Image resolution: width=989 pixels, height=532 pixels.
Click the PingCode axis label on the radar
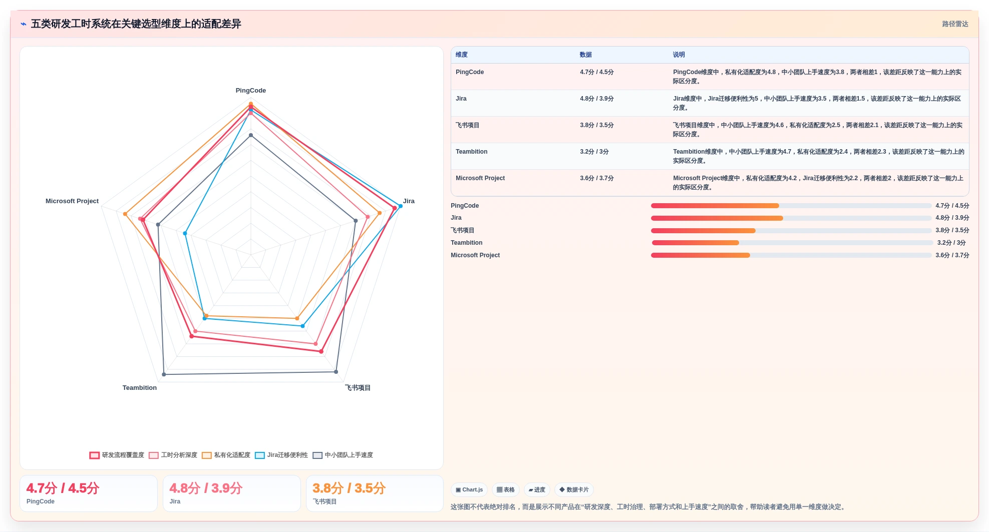(x=251, y=91)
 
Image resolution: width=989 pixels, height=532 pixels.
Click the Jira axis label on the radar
(x=409, y=201)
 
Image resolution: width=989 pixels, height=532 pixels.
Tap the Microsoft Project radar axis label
(x=72, y=201)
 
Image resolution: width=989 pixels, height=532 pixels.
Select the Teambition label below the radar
(x=140, y=388)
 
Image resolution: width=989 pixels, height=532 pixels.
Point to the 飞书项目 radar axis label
(x=358, y=388)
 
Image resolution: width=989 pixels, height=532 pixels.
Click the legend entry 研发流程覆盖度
(x=117, y=455)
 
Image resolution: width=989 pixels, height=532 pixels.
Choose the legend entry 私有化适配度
(x=226, y=455)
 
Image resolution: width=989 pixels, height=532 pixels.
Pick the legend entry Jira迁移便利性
(x=281, y=455)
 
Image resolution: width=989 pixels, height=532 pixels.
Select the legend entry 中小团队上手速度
(x=343, y=455)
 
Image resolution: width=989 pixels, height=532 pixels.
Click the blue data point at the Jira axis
(x=400, y=206)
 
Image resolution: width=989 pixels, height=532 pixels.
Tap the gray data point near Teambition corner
(x=164, y=374)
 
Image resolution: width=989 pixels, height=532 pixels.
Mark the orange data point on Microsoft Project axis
(x=125, y=214)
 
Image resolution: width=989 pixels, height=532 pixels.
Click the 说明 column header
(x=679, y=55)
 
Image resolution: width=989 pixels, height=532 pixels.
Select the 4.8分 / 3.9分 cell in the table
(x=597, y=99)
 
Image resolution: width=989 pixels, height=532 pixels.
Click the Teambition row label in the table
(x=472, y=152)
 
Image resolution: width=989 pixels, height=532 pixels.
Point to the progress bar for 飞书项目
(x=791, y=231)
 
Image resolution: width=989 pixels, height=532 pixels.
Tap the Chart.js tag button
(x=469, y=490)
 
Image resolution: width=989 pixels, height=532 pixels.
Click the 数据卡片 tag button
(x=574, y=490)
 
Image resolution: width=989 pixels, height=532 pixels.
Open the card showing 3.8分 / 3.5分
(x=375, y=493)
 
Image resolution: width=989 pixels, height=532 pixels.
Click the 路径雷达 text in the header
(x=955, y=24)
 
